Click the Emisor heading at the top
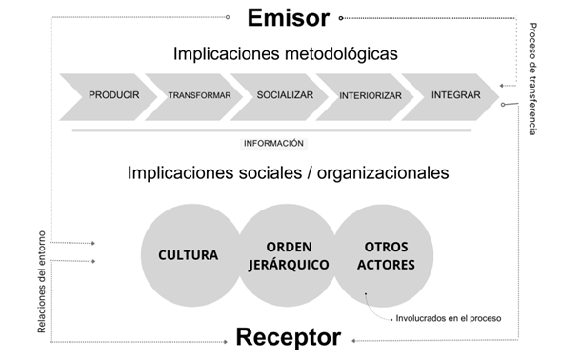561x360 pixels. click(288, 17)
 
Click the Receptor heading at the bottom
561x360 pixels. click(288, 337)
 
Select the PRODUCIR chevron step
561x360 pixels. click(113, 95)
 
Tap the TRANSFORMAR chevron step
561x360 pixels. click(198, 96)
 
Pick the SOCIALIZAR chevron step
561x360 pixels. click(284, 95)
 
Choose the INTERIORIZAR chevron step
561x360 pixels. click(370, 96)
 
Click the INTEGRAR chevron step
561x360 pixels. click(449, 95)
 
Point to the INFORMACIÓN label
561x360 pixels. click(273, 143)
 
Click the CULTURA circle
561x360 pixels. click(188, 255)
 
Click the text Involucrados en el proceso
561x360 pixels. click(447, 317)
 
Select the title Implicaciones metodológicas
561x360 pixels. click(285, 53)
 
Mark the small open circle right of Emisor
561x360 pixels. click(341, 17)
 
